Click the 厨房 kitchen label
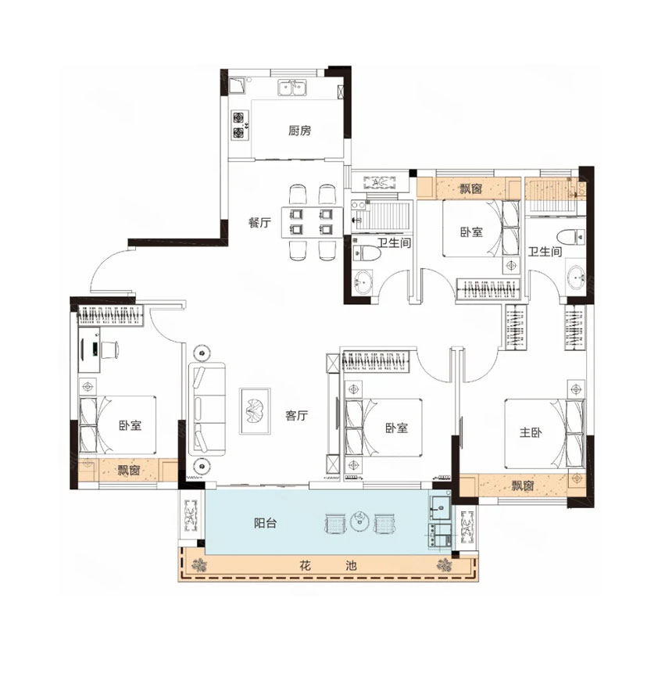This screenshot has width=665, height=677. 299,131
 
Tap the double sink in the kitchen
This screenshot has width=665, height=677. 292,88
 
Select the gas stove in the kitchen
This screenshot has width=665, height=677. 239,125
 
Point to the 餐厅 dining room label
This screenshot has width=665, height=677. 259,222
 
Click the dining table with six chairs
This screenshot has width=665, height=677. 312,222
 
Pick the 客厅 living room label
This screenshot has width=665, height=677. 296,415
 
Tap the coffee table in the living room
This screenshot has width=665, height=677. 256,411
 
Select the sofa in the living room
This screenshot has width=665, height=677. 207,408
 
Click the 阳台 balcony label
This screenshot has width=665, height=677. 265,523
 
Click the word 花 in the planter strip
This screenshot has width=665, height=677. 305,565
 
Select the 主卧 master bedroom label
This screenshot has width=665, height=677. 531,432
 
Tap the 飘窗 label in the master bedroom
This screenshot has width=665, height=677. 523,485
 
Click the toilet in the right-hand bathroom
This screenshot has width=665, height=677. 570,238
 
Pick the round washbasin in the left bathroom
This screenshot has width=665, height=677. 363,282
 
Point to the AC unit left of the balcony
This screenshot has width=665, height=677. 191,515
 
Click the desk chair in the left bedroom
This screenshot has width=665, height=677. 109,349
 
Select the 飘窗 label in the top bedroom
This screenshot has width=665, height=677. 470,188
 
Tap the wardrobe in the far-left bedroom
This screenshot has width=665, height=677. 110,315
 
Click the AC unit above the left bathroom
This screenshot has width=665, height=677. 380,183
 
